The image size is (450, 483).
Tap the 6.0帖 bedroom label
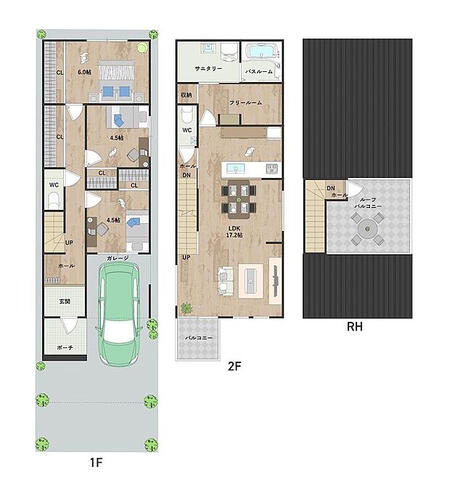pos(84,72)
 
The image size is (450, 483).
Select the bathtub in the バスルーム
pos(261,52)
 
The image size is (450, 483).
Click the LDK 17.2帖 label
pos(234,232)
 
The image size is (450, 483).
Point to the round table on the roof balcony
pos(367,229)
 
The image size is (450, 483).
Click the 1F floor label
pos(96,463)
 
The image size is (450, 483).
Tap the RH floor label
pos(355,327)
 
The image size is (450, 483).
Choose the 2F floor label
pos(234,366)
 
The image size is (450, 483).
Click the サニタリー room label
pos(208,69)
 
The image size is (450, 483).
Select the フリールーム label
pos(245,102)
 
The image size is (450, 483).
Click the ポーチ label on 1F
pos(65,347)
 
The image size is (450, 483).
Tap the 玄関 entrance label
pos(65,301)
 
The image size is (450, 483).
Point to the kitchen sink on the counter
pos(236,169)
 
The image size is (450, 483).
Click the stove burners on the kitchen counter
pos(271,169)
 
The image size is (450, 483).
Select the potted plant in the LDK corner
pos(186,308)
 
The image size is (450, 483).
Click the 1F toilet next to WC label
pos(54,200)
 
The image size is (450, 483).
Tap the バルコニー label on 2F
pos(199,338)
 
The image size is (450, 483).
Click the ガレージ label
pos(118,259)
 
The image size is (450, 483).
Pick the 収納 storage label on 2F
pos(186,94)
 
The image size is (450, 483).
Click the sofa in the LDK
pos(225,282)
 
